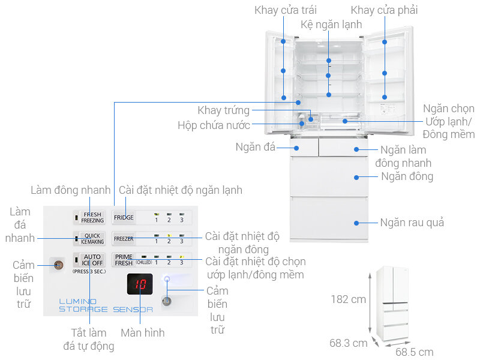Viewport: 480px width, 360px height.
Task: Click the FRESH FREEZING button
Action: (92, 217)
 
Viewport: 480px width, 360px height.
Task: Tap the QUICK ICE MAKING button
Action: (92, 238)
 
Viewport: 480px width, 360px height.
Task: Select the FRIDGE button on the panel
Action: (124, 217)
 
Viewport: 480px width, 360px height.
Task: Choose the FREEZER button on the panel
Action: (124, 238)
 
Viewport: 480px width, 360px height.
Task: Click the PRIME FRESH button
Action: (124, 259)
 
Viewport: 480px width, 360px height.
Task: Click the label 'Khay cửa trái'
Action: (286, 10)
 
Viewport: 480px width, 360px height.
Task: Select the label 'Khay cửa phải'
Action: (384, 10)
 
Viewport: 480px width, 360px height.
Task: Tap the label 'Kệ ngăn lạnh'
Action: (331, 25)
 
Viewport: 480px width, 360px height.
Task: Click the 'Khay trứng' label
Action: (224, 110)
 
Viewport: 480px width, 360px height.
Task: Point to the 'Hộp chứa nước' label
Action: (214, 125)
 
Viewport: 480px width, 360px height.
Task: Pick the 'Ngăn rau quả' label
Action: (412, 223)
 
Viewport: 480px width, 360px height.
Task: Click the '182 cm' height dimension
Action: (348, 299)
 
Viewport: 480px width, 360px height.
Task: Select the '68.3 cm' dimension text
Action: (348, 343)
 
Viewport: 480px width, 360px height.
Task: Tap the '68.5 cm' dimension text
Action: (414, 352)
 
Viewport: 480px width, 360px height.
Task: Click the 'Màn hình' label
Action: (142, 332)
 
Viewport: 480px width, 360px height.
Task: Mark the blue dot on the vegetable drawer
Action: (356, 223)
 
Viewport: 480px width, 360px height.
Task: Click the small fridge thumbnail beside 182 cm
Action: (394, 305)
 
